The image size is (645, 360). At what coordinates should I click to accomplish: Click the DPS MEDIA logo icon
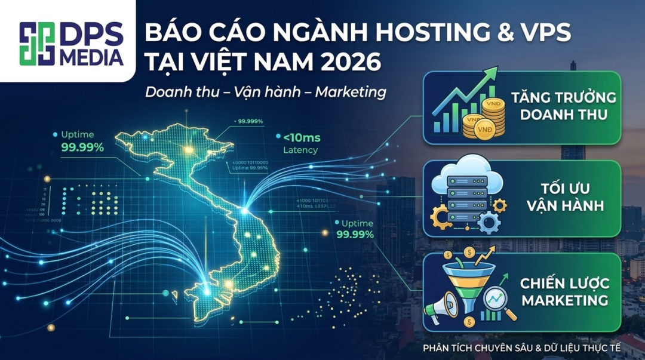[37, 44]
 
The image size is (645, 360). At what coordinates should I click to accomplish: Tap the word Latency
[300, 150]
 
